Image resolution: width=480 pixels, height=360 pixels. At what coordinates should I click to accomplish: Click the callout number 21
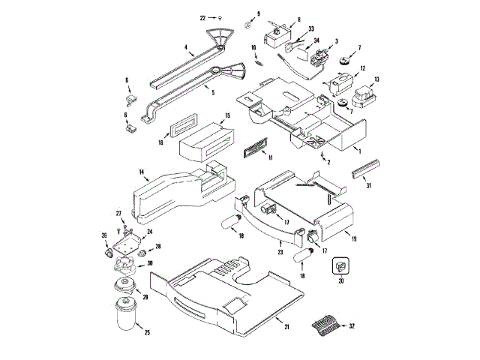point(286,327)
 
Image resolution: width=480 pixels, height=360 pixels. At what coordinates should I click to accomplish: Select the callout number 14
point(140,172)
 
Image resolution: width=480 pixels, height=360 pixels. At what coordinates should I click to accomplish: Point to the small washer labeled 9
point(246,26)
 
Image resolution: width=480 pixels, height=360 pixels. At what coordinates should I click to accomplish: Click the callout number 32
point(352,327)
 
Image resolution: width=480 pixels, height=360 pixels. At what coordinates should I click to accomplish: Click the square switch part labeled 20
point(341,266)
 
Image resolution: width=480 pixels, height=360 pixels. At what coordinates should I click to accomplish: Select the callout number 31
point(368,186)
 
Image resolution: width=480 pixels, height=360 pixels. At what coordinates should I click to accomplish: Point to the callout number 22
point(202,16)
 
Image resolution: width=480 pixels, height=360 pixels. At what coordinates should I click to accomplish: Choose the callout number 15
point(227,115)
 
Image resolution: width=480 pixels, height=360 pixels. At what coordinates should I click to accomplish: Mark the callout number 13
point(377,79)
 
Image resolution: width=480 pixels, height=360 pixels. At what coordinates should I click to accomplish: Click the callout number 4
point(185,47)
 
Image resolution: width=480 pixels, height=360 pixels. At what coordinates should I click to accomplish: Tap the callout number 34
point(316,41)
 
